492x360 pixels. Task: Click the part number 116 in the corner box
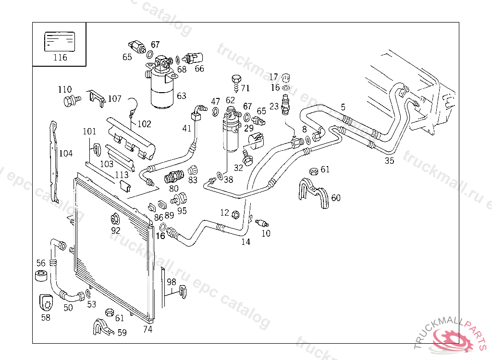[60, 58]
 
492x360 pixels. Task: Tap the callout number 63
[181, 96]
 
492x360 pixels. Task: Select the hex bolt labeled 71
[235, 80]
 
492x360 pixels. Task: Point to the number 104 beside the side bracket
[66, 154]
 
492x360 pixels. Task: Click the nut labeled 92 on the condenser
[115, 220]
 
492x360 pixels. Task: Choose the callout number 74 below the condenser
[148, 329]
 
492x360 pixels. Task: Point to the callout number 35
[389, 161]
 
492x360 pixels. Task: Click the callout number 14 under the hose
[246, 242]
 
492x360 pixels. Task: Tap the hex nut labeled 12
[236, 214]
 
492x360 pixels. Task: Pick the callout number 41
[187, 128]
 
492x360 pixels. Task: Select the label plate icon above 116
[60, 41]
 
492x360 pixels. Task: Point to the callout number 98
[172, 282]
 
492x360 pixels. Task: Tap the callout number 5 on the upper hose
[343, 107]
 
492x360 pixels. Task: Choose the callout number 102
[144, 124]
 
